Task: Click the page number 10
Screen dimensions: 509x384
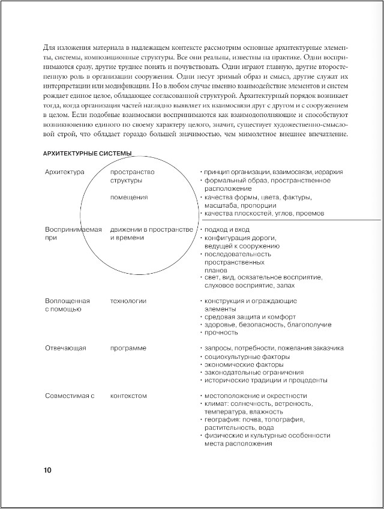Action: [47, 470]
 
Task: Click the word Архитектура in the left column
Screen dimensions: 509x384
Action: [65, 172]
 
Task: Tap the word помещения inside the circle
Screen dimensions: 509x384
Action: [129, 197]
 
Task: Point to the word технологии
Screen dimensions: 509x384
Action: [128, 301]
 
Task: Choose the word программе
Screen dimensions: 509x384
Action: [128, 348]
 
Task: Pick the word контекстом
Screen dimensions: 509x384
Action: [128, 396]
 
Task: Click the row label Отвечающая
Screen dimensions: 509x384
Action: [66, 348]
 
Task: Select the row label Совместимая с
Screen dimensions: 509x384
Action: [70, 396]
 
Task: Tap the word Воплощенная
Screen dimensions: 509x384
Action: [67, 301]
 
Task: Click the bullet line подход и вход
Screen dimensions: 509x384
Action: [227, 230]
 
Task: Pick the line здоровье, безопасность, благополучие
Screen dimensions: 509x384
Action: [268, 324]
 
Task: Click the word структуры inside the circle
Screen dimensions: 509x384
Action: [126, 180]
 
